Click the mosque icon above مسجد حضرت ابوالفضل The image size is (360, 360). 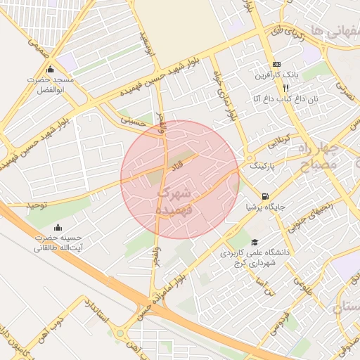click(x=50, y=70)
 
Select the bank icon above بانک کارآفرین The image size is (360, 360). click(x=276, y=63)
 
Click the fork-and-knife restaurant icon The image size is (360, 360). click(x=285, y=89)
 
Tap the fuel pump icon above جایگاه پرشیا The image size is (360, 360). click(x=264, y=196)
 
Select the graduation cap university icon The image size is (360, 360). click(x=254, y=242)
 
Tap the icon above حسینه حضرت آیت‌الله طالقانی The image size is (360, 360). click(x=58, y=227)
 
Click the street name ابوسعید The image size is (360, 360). click(x=146, y=42)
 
